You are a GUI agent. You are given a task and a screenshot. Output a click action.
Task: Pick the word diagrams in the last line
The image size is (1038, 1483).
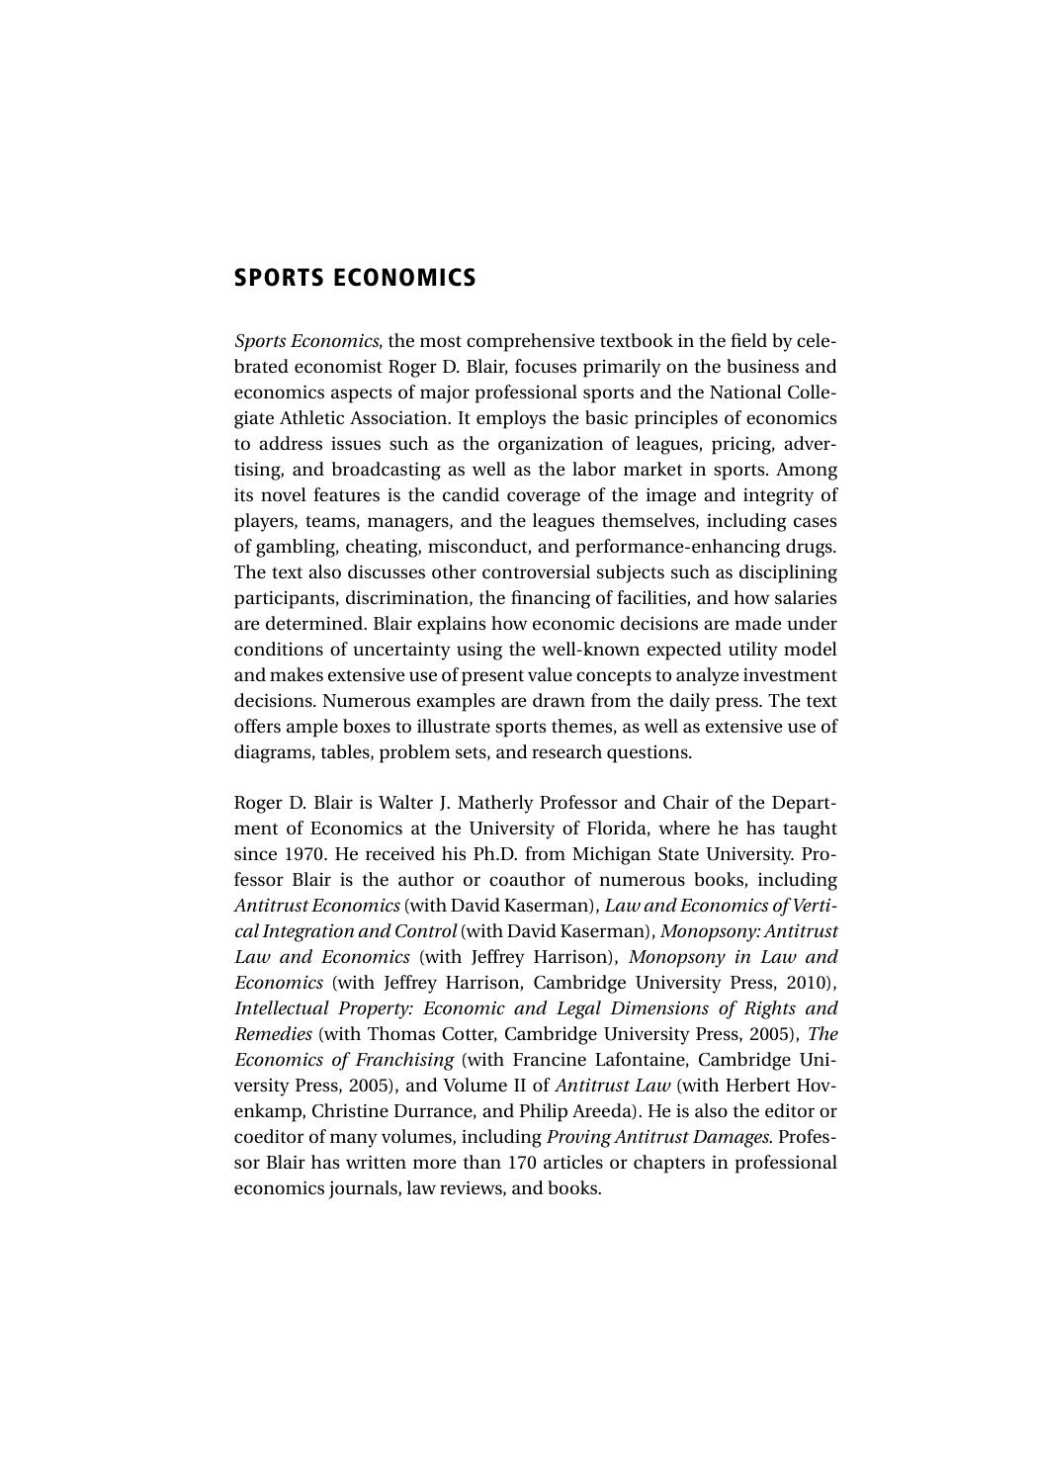[x=270, y=752]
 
